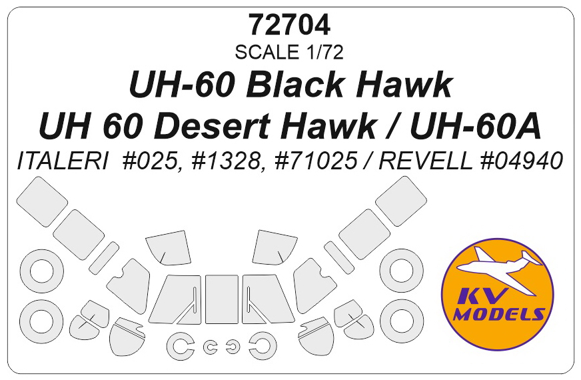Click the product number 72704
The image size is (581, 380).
(289, 25)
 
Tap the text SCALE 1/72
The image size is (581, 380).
(289, 51)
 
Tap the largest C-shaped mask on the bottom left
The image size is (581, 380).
(179, 345)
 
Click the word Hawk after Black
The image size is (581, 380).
(395, 86)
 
